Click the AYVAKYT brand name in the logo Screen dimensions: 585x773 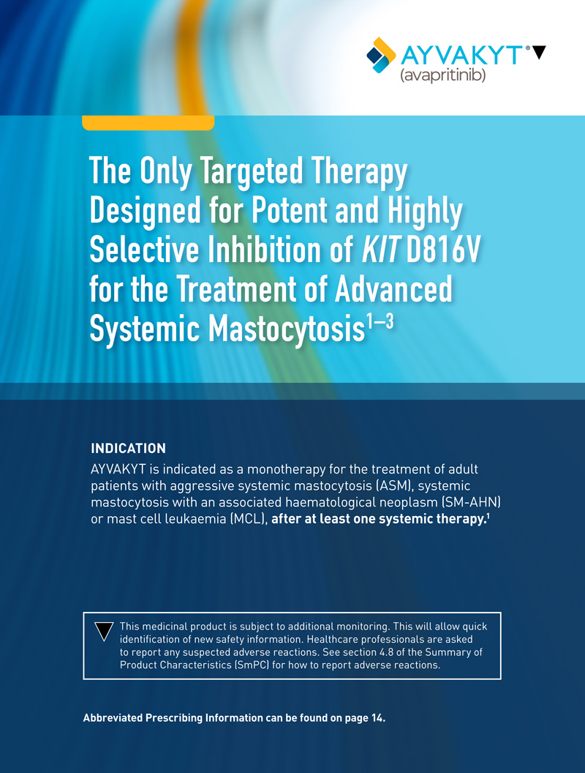tap(461, 55)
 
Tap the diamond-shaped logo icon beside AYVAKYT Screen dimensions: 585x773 tap(381, 55)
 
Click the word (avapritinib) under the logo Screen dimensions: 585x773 tap(442, 75)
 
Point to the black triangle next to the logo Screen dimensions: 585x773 tap(540, 52)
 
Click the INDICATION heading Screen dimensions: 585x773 tap(128, 448)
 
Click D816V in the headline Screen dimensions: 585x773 tap(442, 250)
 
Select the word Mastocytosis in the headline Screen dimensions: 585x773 tap(286, 329)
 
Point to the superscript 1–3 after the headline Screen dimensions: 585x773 tap(380, 321)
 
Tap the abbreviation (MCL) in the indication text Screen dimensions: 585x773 tap(249, 519)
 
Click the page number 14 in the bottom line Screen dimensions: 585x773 tap(377, 718)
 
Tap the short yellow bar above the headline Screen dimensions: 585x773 tap(148, 123)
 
